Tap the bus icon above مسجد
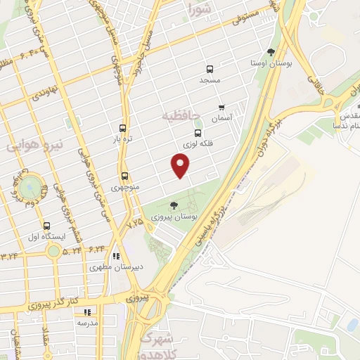point(209,69)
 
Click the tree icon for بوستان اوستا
point(271,52)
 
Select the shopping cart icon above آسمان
point(222,108)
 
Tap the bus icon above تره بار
point(123,128)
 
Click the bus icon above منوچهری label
point(124,176)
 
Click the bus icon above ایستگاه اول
point(46,226)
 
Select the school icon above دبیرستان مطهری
point(116,255)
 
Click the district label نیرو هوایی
point(35,144)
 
